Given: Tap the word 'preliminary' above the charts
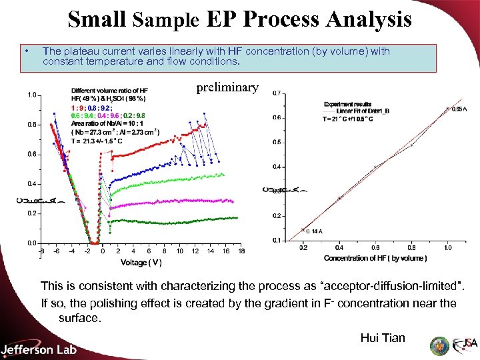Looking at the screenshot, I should point(227,87).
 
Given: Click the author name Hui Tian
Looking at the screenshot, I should point(383,338).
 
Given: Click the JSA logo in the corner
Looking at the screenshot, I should point(464,345).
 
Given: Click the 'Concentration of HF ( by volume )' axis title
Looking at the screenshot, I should point(375,258).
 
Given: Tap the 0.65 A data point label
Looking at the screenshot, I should point(459,109).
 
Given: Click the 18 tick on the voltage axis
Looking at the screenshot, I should point(241,251).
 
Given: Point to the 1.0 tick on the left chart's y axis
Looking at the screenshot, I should point(31,95).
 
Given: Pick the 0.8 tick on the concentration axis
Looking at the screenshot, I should point(412,247).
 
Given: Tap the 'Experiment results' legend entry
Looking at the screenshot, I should point(349,104).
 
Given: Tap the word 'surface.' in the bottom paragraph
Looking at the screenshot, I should point(79,318).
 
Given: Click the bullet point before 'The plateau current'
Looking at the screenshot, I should point(25,51).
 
